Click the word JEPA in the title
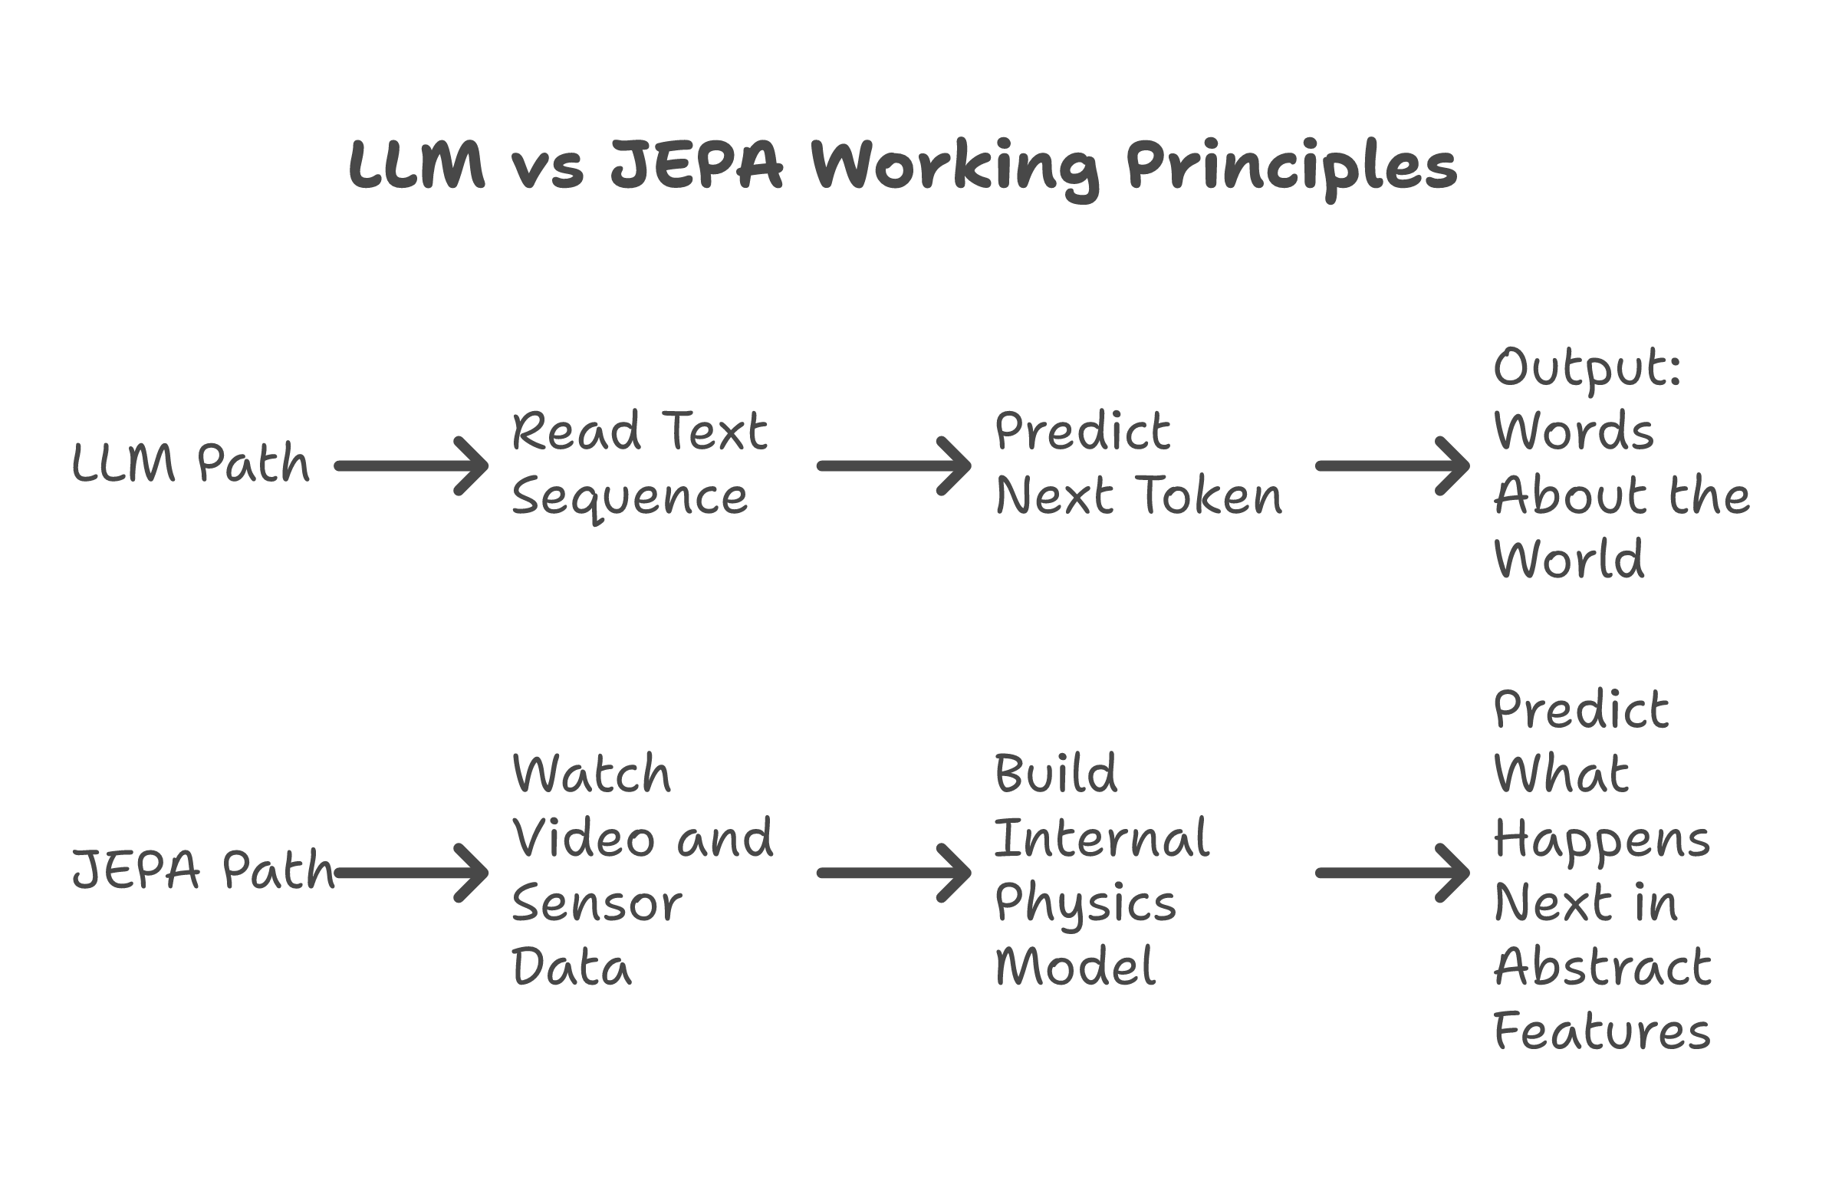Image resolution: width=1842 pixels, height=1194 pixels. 696,165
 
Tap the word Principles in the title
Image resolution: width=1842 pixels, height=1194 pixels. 1291,165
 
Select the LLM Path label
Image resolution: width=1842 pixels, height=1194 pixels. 190,463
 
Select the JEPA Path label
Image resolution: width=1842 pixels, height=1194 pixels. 202,870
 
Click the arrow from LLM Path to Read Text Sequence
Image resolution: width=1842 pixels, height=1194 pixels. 411,465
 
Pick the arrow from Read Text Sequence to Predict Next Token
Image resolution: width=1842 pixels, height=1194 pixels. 893,465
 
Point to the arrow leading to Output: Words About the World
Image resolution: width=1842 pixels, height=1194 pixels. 1392,465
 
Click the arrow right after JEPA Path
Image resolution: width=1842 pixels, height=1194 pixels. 411,873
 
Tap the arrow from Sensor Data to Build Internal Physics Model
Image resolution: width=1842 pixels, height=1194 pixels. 893,873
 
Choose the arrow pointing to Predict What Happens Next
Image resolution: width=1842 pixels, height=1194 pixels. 1392,873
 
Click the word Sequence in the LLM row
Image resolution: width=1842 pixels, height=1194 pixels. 630,498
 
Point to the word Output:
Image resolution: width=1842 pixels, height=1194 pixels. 1587,367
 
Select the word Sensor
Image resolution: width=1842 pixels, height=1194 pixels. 597,903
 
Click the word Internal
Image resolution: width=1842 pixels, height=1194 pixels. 1101,838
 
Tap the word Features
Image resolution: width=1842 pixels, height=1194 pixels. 1601,1031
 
